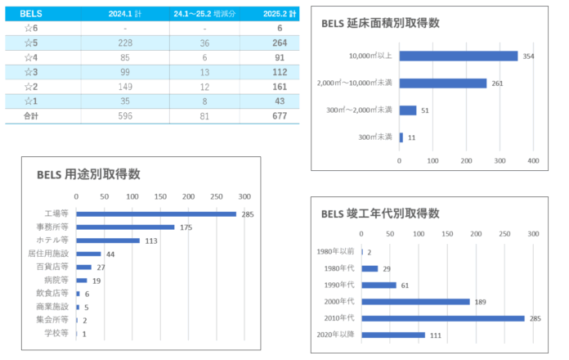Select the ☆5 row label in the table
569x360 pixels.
(30, 43)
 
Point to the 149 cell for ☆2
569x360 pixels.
(125, 87)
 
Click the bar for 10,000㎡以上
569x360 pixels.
(459, 56)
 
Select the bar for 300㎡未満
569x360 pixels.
(401, 137)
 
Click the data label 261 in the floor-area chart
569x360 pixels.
(497, 83)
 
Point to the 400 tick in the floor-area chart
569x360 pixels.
(532, 160)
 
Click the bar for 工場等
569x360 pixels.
(156, 214)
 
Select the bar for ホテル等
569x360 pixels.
(108, 241)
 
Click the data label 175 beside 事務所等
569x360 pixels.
(186, 227)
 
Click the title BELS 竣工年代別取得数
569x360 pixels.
(380, 214)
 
